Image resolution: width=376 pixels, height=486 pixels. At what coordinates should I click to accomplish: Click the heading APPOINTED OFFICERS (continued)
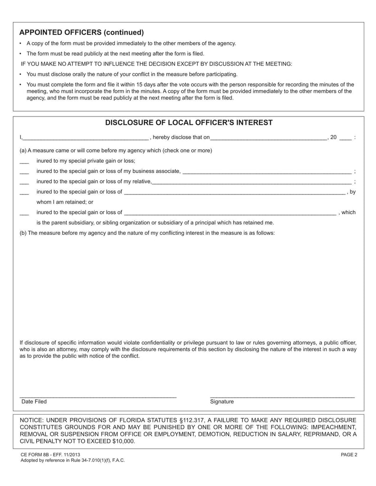point(81,32)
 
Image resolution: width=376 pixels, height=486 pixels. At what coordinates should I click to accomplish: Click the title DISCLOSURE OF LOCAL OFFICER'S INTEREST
point(188,123)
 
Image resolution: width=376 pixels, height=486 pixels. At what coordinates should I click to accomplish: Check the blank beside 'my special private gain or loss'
point(24,162)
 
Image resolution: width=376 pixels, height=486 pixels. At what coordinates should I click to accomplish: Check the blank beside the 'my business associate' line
point(24,172)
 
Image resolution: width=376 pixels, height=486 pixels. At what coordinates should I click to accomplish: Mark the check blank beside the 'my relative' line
point(24,182)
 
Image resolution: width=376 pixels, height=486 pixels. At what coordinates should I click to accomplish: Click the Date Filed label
point(34,402)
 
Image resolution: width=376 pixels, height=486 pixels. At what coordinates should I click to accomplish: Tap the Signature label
point(222,402)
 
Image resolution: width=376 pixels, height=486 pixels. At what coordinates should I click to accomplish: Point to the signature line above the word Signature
point(282,398)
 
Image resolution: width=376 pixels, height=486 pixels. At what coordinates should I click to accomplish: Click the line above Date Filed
point(98,398)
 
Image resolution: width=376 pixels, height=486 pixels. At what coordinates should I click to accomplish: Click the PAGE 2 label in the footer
point(349,455)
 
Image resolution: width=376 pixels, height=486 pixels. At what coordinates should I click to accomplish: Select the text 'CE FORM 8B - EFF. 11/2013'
point(50,455)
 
